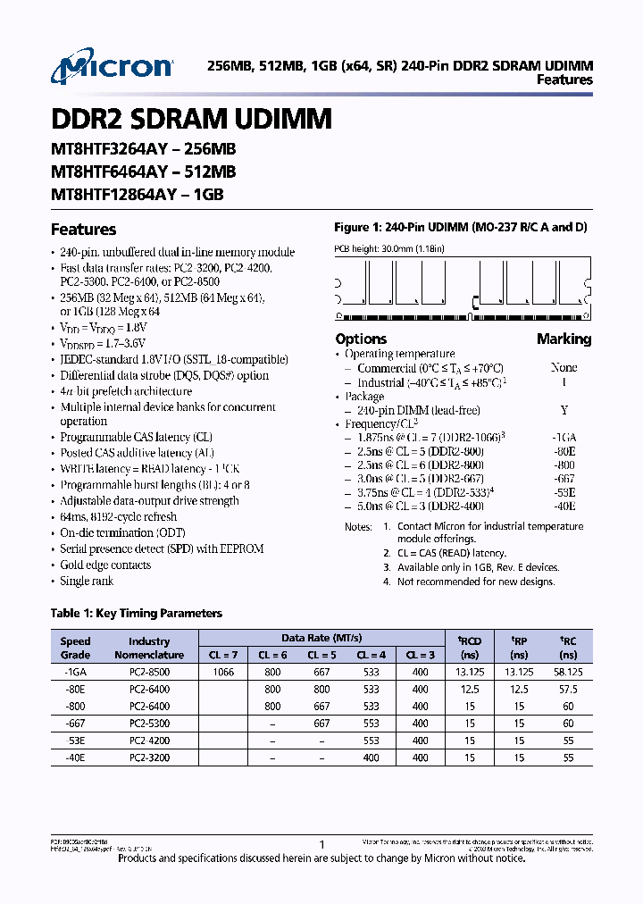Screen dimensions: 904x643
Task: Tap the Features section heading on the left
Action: click(x=83, y=230)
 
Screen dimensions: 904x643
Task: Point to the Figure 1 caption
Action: click(x=460, y=228)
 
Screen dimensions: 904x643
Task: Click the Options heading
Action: click(x=361, y=339)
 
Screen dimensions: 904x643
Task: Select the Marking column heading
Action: click(x=564, y=339)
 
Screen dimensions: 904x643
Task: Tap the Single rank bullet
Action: click(x=87, y=581)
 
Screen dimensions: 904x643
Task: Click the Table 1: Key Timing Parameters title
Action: click(x=137, y=613)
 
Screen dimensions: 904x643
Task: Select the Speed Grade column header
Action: click(x=75, y=648)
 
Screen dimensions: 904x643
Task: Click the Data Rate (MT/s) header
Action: click(x=321, y=638)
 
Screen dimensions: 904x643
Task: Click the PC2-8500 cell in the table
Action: click(x=148, y=671)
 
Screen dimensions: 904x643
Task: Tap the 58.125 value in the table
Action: click(x=568, y=671)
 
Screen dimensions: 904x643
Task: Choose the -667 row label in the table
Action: click(x=75, y=723)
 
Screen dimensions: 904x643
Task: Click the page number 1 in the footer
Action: click(x=321, y=844)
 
